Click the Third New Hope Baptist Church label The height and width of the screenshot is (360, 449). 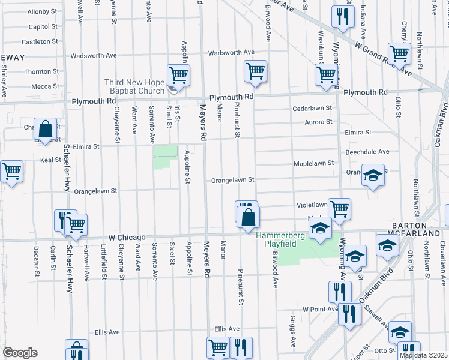134,86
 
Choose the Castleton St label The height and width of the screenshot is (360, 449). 40,41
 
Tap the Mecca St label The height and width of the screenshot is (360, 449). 41,86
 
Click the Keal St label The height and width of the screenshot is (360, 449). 47,160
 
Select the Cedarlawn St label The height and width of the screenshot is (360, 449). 312,108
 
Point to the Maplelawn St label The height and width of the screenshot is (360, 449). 313,163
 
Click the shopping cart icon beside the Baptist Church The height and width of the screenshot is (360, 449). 178,76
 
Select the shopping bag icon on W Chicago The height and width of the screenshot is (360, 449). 248,217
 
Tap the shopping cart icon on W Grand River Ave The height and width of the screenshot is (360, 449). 399,53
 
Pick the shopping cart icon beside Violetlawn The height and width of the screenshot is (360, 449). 339,209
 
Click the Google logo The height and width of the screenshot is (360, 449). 19,353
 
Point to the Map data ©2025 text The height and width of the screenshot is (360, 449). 423,355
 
